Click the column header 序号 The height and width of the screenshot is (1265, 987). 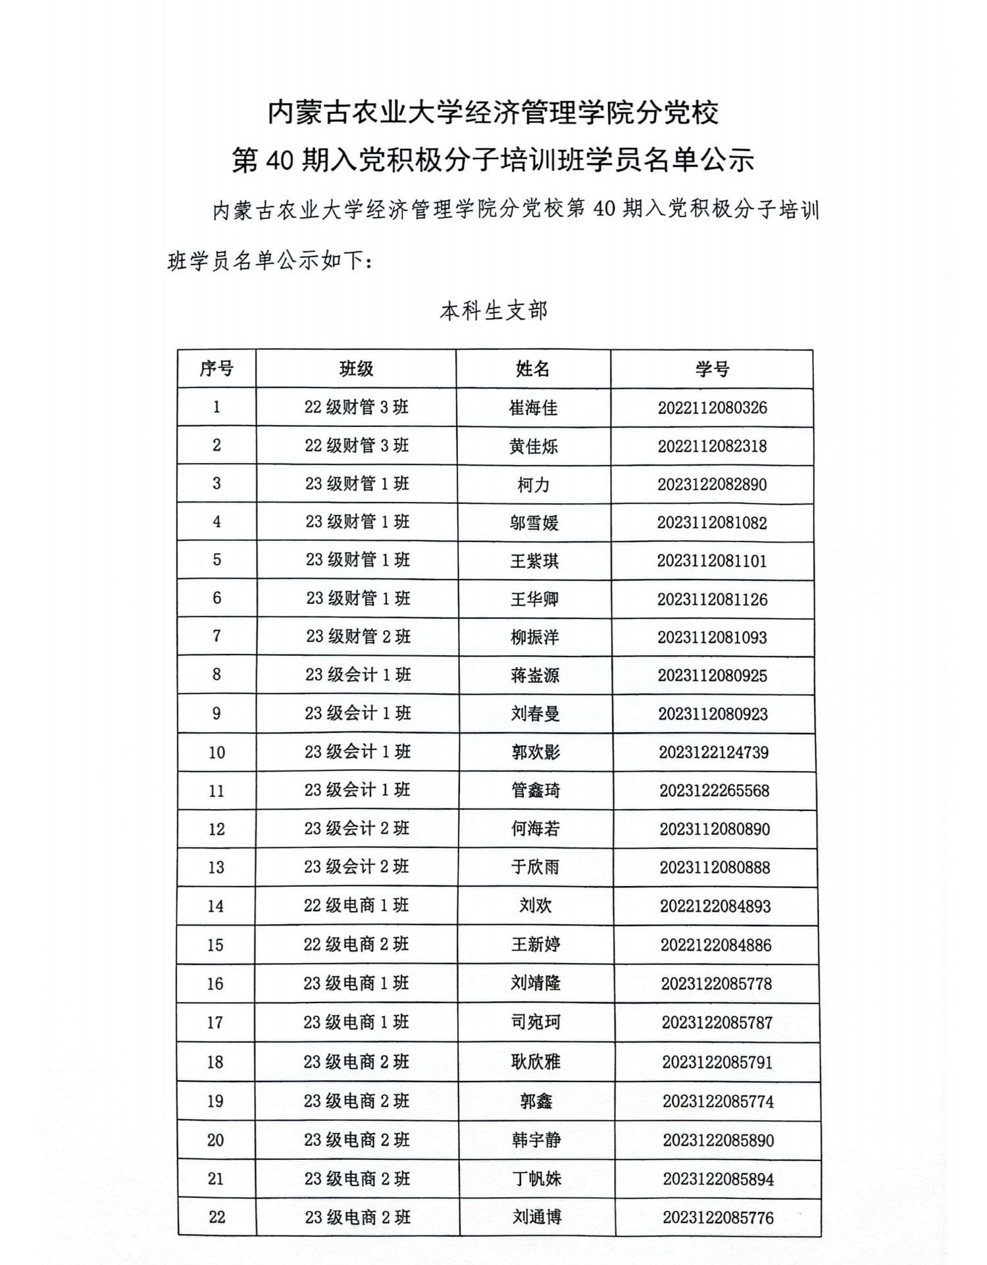click(216, 368)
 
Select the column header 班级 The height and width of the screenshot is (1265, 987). click(356, 368)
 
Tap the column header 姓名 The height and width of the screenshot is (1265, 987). click(533, 368)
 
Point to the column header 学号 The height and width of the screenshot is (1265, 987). click(712, 369)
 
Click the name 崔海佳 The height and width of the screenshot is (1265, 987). click(533, 408)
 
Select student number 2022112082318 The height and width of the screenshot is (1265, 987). click(712, 446)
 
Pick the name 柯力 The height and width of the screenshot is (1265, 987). click(533, 485)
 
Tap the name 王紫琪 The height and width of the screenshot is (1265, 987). click(534, 561)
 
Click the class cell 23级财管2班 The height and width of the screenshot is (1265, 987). click(358, 636)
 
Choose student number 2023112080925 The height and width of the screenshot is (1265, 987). click(713, 676)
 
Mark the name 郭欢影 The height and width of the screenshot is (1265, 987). click(536, 752)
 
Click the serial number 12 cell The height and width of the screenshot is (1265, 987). click(216, 829)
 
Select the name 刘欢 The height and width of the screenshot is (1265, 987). click(536, 906)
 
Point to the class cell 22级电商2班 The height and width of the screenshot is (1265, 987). click(356, 944)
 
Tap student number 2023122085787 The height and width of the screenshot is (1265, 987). click(717, 1022)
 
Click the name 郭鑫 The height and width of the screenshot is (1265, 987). click(536, 1101)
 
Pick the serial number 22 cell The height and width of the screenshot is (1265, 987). click(216, 1217)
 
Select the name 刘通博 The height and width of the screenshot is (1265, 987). click(537, 1217)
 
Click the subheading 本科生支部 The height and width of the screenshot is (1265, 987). click(493, 310)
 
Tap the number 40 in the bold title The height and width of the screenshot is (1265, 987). click(280, 160)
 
